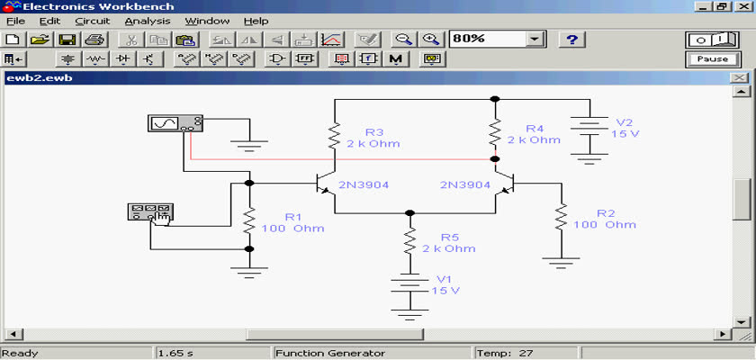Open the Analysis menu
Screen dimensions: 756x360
click(x=148, y=22)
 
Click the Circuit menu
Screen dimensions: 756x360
click(x=93, y=22)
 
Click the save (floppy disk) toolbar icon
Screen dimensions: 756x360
click(x=67, y=39)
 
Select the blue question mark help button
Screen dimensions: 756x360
click(x=571, y=39)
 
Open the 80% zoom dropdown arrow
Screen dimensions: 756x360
click(x=533, y=39)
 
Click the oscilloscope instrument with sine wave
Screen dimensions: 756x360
click(x=175, y=123)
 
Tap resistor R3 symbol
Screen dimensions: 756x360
click(x=335, y=136)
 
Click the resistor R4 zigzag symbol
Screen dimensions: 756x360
click(x=495, y=132)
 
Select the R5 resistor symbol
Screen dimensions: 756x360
click(x=409, y=241)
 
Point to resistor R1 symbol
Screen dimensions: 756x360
click(x=248, y=220)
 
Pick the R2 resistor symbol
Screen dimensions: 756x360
click(x=561, y=217)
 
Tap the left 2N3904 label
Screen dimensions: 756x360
click(x=363, y=184)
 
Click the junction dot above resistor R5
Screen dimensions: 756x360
click(x=409, y=212)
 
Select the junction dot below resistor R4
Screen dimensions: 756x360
click(x=495, y=158)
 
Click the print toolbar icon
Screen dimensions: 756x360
click(x=94, y=39)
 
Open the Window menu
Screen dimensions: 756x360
click(x=207, y=22)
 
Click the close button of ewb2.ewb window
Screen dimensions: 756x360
click(x=738, y=77)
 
